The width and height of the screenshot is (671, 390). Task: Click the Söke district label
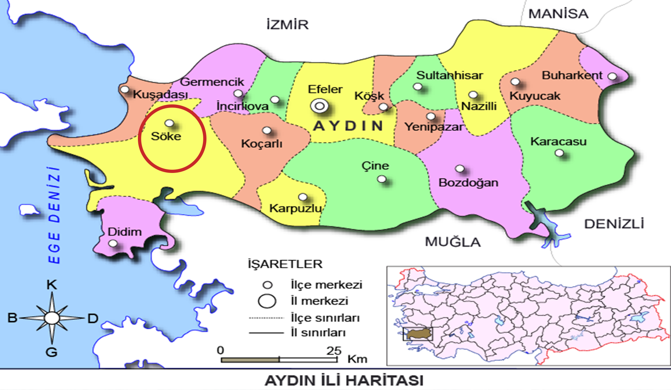[166, 136]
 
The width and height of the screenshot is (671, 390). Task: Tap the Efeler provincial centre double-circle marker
[319, 106]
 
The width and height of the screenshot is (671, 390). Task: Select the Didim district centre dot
[113, 244]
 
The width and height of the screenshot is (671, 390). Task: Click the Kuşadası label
[160, 95]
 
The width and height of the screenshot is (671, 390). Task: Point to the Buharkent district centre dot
[612, 76]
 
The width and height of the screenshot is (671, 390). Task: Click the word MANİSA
[558, 14]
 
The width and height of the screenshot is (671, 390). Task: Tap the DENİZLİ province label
[614, 224]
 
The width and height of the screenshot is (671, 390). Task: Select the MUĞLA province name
[453, 242]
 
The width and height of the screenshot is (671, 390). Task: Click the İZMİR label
[287, 25]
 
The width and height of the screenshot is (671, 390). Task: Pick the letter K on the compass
[52, 285]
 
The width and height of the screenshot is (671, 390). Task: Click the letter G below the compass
[52, 352]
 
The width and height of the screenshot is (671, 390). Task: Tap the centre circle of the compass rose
[52, 318]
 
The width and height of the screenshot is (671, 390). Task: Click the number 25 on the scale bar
[334, 350]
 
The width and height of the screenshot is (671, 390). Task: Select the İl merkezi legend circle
[267, 301]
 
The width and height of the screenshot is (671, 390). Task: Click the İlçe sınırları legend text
[325, 318]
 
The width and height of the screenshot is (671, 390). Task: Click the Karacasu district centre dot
[559, 153]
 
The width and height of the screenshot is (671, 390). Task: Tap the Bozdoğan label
[468, 183]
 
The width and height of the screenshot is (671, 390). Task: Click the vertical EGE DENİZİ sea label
[55, 215]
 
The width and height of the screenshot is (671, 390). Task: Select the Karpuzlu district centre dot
[303, 197]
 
